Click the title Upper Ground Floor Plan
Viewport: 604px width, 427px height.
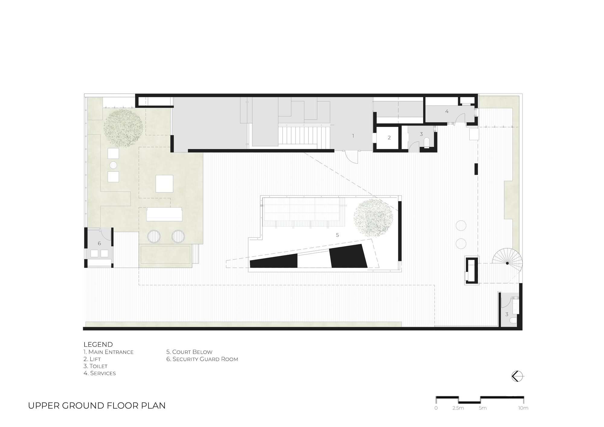[x=97, y=406]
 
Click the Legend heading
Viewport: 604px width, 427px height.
[x=98, y=344]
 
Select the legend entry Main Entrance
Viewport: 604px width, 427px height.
[x=108, y=352]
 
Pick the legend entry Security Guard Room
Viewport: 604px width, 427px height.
[x=202, y=359]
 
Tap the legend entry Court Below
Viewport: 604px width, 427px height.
[x=189, y=352]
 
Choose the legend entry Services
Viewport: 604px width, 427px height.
[x=100, y=373]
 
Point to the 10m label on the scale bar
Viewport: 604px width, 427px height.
[x=523, y=408]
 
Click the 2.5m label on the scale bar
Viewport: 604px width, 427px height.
[x=458, y=408]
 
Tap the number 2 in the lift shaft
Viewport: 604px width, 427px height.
[x=389, y=138]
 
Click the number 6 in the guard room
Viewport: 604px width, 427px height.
[x=99, y=243]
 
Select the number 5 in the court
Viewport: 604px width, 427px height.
[x=337, y=235]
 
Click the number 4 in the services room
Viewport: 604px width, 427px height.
[x=447, y=111]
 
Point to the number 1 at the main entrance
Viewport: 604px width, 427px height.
[x=353, y=136]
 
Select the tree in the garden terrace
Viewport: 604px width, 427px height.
[x=123, y=128]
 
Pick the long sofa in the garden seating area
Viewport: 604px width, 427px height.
[x=164, y=214]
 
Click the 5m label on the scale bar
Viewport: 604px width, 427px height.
[x=483, y=408]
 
